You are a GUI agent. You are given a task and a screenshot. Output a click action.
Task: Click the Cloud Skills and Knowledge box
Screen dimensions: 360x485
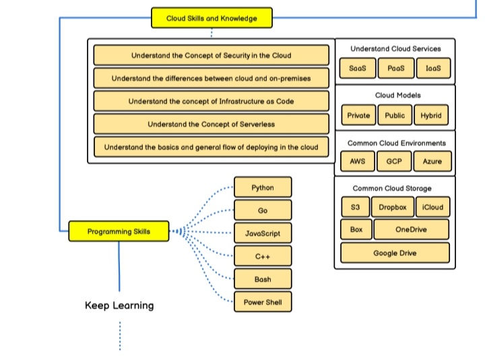pyautogui.click(x=212, y=18)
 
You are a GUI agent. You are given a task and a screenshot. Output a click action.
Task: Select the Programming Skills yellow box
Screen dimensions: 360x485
pyautogui.click(x=119, y=232)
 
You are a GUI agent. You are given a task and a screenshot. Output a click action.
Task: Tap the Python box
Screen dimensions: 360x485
pyautogui.click(x=263, y=187)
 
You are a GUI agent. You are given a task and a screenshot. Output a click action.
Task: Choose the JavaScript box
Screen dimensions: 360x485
pyautogui.click(x=263, y=234)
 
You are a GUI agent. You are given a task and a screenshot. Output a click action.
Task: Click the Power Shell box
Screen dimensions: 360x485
pyautogui.click(x=263, y=303)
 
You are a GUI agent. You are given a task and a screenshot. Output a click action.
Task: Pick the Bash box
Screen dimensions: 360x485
pyautogui.click(x=263, y=279)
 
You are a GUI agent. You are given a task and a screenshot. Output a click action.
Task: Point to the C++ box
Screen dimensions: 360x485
pyautogui.click(x=263, y=257)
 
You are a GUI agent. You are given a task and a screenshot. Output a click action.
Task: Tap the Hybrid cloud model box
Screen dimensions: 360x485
pyautogui.click(x=430, y=115)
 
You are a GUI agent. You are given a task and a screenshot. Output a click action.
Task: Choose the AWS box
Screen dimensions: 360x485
pyautogui.click(x=358, y=162)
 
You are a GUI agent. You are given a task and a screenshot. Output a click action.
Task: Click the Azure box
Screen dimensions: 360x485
pyautogui.click(x=432, y=162)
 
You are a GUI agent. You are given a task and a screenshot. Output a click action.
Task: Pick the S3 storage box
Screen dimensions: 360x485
pyautogui.click(x=355, y=207)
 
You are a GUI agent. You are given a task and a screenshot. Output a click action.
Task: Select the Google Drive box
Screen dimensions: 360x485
pyautogui.click(x=395, y=253)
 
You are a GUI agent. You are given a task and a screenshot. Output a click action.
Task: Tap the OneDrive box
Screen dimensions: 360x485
pyautogui.click(x=411, y=230)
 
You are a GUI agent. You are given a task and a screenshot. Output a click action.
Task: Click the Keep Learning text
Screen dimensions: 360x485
pyautogui.click(x=119, y=305)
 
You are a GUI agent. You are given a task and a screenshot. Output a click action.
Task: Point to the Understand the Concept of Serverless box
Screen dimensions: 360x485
pyautogui.click(x=211, y=124)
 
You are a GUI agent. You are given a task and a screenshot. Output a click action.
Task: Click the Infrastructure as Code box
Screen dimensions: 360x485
pyautogui.click(x=211, y=101)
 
